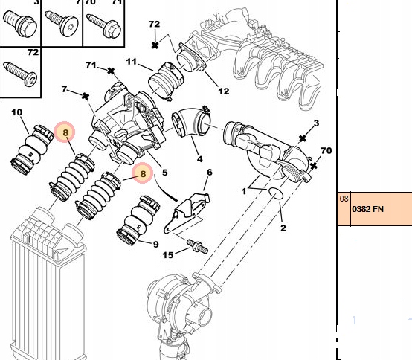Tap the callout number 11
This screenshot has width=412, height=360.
(x=131, y=62)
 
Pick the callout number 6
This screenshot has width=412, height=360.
(x=209, y=173)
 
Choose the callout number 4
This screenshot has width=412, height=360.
(x=199, y=158)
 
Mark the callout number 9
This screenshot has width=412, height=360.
(x=156, y=244)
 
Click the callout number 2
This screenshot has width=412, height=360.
(x=282, y=228)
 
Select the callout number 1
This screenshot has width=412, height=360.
(x=243, y=191)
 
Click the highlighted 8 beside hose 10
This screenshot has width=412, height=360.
(x=65, y=133)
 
